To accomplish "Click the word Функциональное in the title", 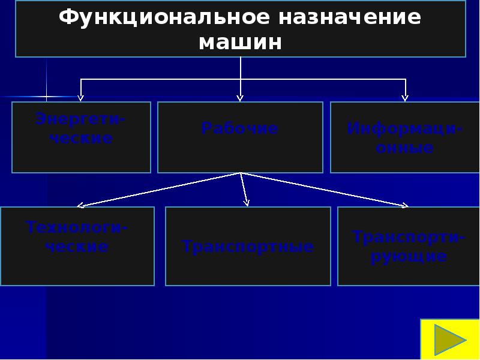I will (163, 17).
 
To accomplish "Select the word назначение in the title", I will (349, 17).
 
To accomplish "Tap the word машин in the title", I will (240, 43).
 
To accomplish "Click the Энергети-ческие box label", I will (82, 128).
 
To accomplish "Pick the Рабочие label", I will (240, 128).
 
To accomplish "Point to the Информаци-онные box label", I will (404, 138).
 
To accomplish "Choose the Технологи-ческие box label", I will (78, 237).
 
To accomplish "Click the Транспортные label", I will (248, 247).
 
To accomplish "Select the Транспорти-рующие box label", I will (408, 247).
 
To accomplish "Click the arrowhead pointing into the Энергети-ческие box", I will (81, 97).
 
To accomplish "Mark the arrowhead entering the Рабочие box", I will (240, 97).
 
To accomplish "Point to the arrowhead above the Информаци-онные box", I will (405, 97).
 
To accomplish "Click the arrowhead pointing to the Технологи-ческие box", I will (80, 205).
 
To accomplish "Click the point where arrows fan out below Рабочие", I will (241, 173).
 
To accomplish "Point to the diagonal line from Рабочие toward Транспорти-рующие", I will (324, 190).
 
